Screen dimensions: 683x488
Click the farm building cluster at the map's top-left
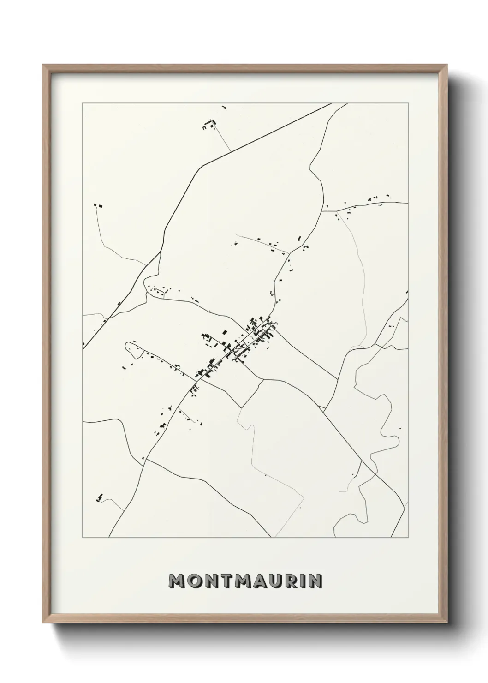pos(208,125)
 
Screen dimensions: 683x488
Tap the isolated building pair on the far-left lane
pos(97,205)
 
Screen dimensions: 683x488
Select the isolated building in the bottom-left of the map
pos(99,497)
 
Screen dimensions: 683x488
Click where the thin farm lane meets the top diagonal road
pos(231,151)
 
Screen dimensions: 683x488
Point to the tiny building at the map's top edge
pos(224,107)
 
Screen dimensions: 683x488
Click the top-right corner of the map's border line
pos(408,103)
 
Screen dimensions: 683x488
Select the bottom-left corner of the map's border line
pos(83,538)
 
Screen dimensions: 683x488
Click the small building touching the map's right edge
pos(406,292)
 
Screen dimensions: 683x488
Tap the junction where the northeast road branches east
pos(322,211)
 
